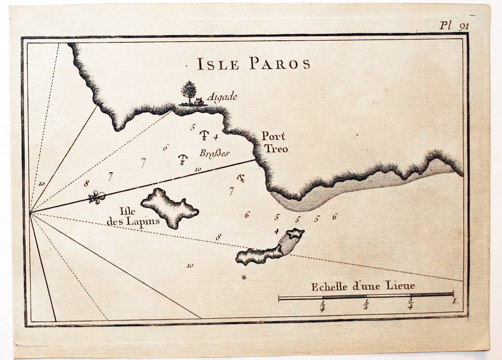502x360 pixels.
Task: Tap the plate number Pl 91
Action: (x=453, y=25)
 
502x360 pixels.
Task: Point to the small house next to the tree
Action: (x=199, y=101)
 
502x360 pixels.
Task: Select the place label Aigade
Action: (x=222, y=97)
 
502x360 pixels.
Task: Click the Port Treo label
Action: (x=274, y=143)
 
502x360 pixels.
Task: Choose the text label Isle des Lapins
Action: (x=133, y=216)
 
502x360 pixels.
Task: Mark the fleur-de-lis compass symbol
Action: (x=97, y=197)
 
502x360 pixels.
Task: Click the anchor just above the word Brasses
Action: (x=204, y=135)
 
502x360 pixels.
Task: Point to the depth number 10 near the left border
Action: (x=41, y=183)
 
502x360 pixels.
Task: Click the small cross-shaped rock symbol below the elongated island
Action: (x=244, y=277)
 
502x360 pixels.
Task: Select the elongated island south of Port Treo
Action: (x=271, y=248)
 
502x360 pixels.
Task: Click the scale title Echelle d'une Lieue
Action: (x=363, y=286)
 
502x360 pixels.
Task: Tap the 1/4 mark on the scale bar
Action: (x=322, y=307)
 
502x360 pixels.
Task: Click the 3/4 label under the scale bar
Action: (x=410, y=306)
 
